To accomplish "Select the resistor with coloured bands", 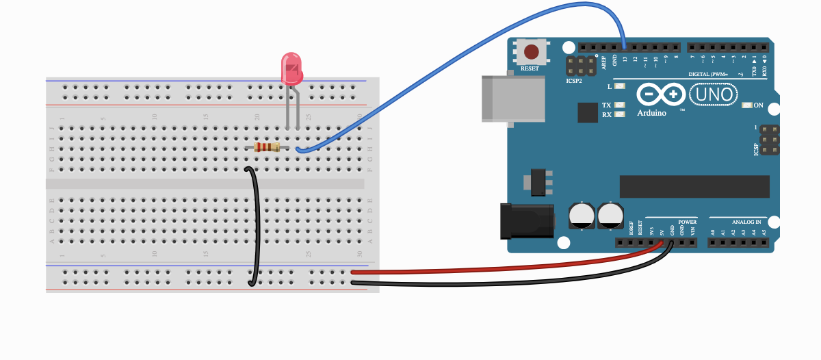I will (267, 147).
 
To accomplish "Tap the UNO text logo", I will (714, 94).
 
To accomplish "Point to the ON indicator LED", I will (746, 105).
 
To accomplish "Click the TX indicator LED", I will (620, 105).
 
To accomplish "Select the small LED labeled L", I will (620, 86).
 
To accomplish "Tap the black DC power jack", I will (527, 221).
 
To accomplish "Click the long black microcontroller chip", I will (694, 186).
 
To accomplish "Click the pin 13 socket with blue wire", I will (625, 47).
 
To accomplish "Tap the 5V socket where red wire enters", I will (662, 243).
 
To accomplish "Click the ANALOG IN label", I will (746, 222).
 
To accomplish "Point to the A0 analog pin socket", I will (712, 243).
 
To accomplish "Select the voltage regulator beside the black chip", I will (536, 182).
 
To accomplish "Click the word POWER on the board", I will (687, 222).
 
